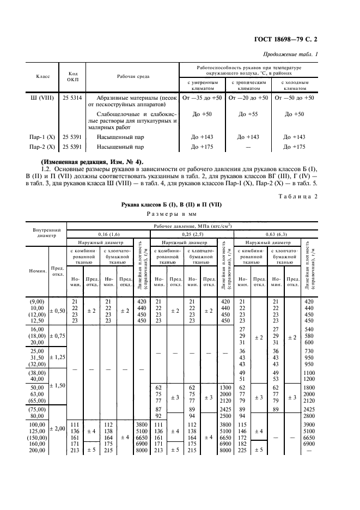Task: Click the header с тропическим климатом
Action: coord(249,86)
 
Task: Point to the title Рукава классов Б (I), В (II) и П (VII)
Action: coord(173,204)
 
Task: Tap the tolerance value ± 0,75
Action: coord(57,336)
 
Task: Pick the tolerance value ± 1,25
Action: coord(57,357)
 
